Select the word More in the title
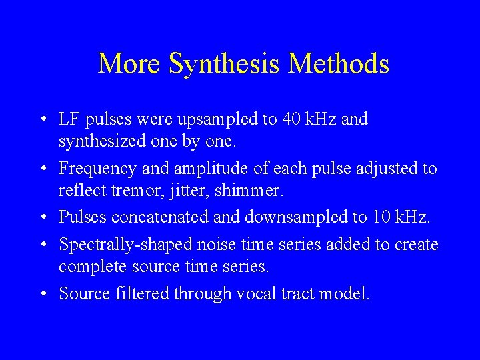click(130, 64)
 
